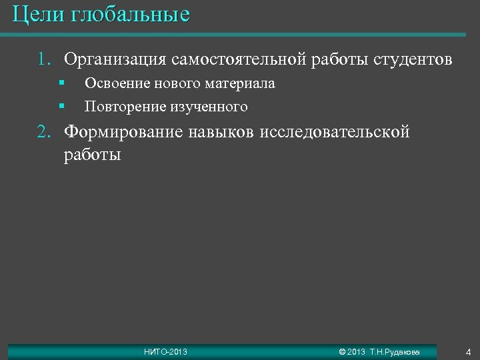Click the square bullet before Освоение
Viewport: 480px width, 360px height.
click(60, 83)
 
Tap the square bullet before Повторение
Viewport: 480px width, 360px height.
click(60, 106)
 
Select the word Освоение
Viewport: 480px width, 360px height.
click(115, 84)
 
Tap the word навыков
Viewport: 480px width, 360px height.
click(217, 132)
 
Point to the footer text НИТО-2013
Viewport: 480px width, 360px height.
click(165, 351)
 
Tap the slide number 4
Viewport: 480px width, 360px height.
click(468, 351)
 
